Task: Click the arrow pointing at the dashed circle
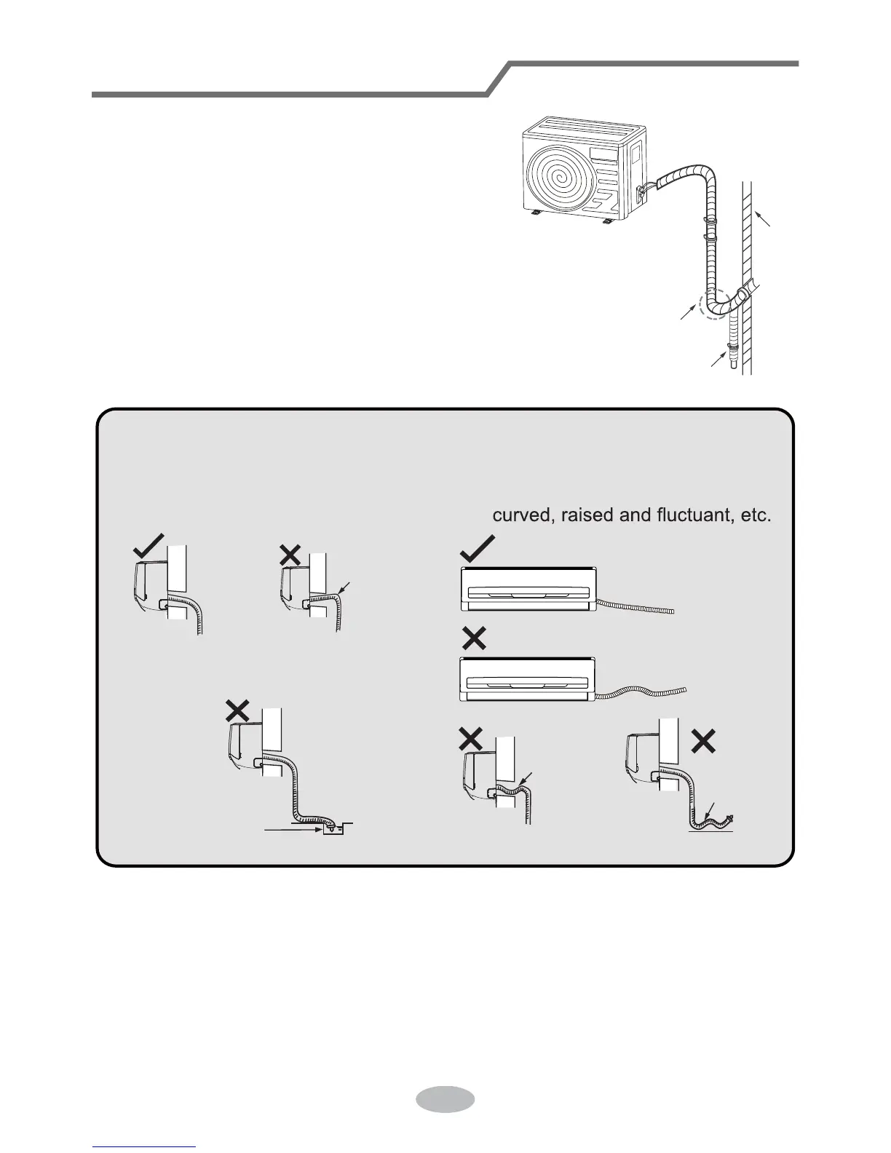click(x=687, y=312)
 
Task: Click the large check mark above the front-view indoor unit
click(x=478, y=548)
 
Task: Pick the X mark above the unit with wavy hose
click(x=475, y=639)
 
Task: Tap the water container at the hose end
click(x=333, y=828)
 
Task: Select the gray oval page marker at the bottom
click(x=445, y=1098)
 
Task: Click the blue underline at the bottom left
click(x=145, y=1146)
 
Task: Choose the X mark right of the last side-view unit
click(x=703, y=741)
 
